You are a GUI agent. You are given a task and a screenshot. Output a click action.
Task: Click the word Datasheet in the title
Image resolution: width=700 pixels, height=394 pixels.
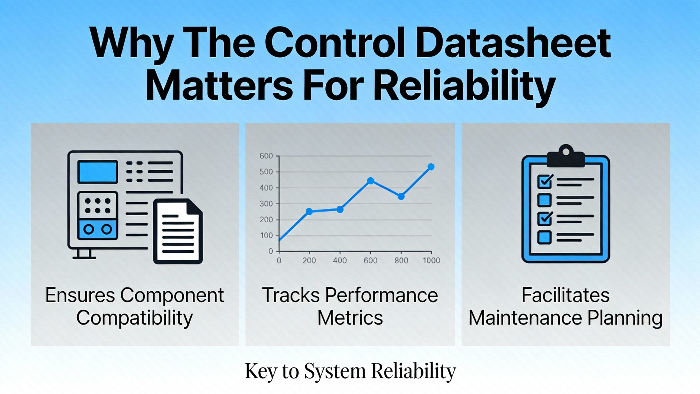[513, 43]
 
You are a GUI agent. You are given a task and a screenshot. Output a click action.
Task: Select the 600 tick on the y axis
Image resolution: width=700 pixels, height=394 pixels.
[266, 156]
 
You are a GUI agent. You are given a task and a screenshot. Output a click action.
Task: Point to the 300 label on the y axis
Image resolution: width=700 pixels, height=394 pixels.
[266, 204]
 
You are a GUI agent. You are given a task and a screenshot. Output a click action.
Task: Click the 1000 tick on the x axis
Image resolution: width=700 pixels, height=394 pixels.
[431, 260]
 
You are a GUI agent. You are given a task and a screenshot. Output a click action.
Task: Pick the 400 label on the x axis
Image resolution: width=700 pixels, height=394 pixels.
[340, 260]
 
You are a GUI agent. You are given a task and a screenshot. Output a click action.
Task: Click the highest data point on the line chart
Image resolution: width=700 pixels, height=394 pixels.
[431, 167]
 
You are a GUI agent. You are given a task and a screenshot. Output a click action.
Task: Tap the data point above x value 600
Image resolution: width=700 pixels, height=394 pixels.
[371, 181]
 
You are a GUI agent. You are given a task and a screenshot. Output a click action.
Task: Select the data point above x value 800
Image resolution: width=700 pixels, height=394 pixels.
[401, 196]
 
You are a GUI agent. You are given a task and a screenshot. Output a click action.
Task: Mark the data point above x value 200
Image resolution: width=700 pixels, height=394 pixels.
[309, 212]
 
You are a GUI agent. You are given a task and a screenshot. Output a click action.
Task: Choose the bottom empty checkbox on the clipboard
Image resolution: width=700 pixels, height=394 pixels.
[544, 237]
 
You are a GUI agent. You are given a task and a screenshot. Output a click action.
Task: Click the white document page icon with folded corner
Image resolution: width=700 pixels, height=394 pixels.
[178, 231]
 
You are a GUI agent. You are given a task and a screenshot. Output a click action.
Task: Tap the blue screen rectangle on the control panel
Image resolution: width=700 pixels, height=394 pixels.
[98, 172]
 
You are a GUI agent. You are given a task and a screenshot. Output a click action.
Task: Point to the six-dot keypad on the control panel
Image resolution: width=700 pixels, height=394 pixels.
[98, 206]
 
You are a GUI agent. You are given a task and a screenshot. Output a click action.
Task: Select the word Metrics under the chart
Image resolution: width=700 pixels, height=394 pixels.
[350, 318]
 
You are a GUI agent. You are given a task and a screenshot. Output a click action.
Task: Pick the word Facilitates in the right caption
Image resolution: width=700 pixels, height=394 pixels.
[565, 295]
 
